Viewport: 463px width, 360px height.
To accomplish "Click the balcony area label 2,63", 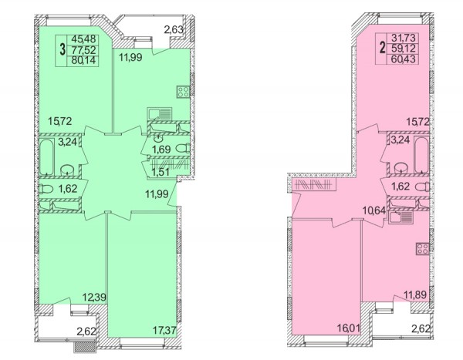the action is (x=174, y=29).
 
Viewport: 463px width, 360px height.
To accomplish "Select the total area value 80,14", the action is (x=83, y=60).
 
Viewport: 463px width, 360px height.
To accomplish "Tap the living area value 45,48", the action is (x=83, y=39).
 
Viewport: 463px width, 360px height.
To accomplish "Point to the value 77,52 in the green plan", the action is (x=83, y=50).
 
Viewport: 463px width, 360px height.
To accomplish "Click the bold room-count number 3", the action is (x=63, y=49).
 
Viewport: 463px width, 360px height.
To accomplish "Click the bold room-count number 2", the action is (x=383, y=48).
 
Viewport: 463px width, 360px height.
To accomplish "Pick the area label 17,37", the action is (x=165, y=330).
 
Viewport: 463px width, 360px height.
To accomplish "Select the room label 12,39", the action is (x=94, y=297).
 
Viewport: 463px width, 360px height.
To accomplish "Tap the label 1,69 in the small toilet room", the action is (x=161, y=150).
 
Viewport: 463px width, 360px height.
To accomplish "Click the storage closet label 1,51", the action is (x=161, y=172).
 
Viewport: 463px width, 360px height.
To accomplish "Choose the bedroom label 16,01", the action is (x=349, y=328).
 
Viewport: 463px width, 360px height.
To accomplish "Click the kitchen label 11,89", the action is (x=415, y=294).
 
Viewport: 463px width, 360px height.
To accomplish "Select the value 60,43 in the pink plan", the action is (x=403, y=59).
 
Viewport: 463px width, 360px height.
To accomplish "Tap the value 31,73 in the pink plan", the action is (x=403, y=38).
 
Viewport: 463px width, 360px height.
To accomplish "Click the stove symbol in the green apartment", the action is (x=183, y=92).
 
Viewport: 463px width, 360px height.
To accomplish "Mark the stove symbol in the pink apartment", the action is (x=423, y=248).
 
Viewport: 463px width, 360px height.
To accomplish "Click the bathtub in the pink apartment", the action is (x=421, y=155).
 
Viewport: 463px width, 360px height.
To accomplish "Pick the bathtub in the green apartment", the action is (x=46, y=157).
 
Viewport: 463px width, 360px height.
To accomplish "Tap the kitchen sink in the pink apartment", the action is (x=401, y=217).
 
